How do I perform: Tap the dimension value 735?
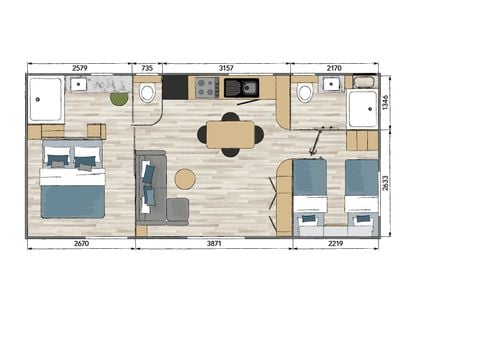click(148, 68)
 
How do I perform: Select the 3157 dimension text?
click(226, 68)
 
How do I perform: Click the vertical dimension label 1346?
click(387, 102)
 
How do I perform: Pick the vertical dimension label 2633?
click(387, 182)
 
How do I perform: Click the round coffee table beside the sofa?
click(185, 179)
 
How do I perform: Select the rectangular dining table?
click(230, 134)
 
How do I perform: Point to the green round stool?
click(119, 98)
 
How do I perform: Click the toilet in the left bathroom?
click(148, 93)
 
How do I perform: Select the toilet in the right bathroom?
click(305, 93)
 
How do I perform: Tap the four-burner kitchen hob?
click(207, 88)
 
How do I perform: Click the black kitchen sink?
click(240, 88)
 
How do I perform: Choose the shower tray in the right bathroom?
click(362, 108)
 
